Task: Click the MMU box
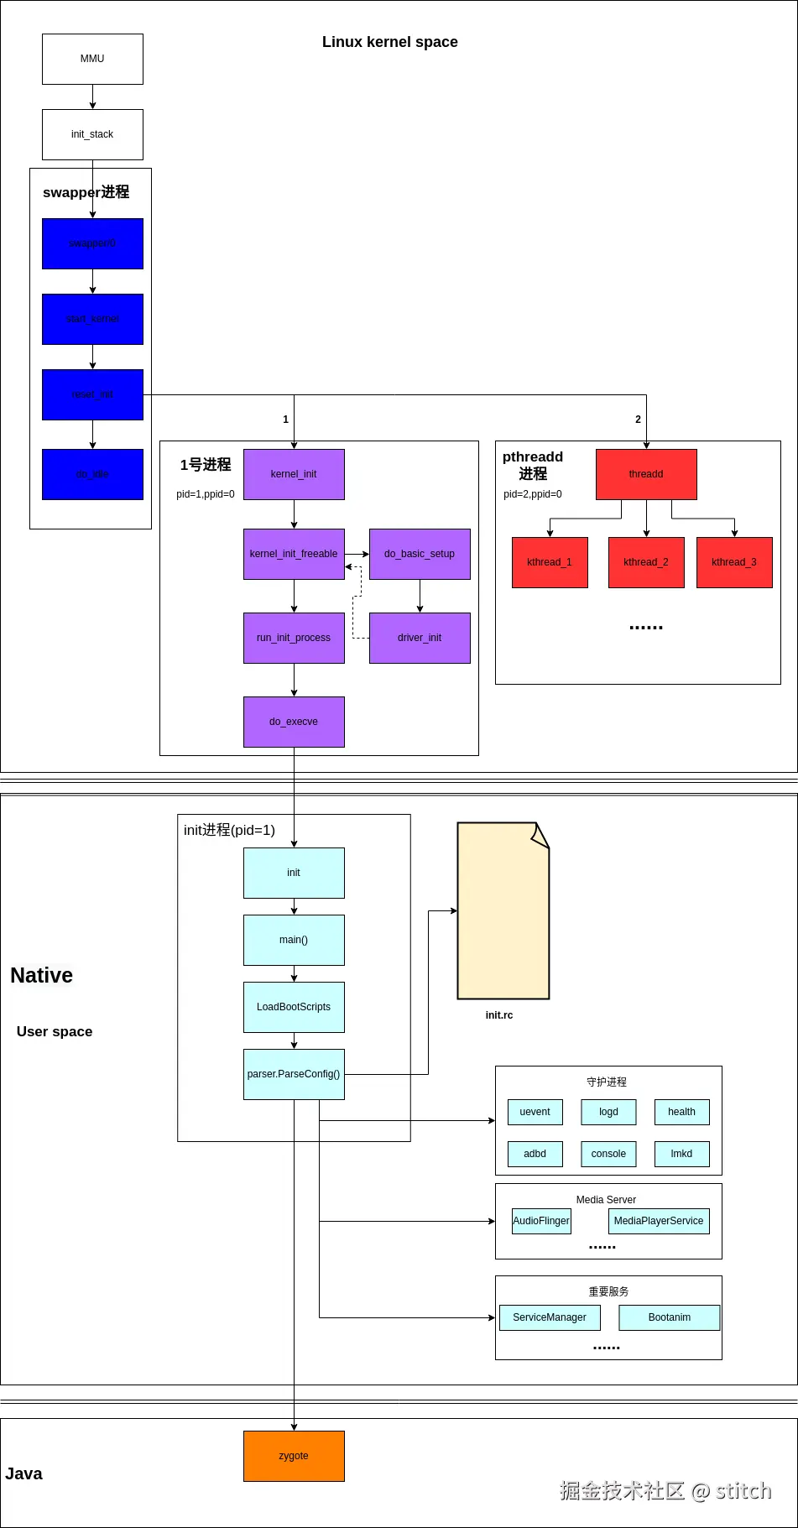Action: point(92,59)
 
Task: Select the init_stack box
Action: point(92,134)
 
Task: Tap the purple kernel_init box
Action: point(294,474)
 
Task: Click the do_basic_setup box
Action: point(420,554)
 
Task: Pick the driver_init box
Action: point(420,638)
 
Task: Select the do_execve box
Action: point(294,722)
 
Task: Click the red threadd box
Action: point(646,474)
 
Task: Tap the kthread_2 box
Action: point(646,562)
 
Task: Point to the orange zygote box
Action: point(294,1456)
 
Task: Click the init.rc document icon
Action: point(503,910)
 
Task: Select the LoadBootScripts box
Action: point(294,1007)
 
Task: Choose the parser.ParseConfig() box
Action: point(294,1074)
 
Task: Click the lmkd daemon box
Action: point(681,1154)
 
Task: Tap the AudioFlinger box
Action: point(541,1221)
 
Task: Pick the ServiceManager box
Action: point(550,1317)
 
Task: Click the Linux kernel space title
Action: point(390,42)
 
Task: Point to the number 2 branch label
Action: point(638,420)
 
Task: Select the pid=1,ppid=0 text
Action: point(206,494)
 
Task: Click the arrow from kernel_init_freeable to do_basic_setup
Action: point(357,554)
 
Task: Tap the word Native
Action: point(41,975)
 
